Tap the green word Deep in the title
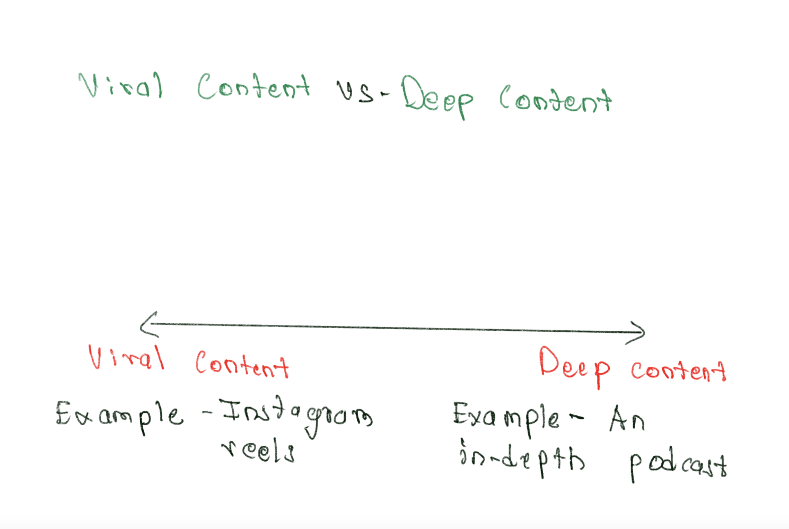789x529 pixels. click(436, 97)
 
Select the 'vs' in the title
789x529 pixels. click(356, 91)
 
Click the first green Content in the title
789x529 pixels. click(253, 87)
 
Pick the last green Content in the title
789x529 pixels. click(555, 99)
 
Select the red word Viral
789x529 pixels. click(126, 358)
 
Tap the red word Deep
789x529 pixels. click(574, 366)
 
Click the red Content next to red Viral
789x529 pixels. click(242, 365)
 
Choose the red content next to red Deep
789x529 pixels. click(678, 371)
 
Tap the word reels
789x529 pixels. click(258, 451)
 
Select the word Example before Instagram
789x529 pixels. click(119, 415)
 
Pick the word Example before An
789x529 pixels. click(506, 417)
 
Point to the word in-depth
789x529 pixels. click(522, 459)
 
